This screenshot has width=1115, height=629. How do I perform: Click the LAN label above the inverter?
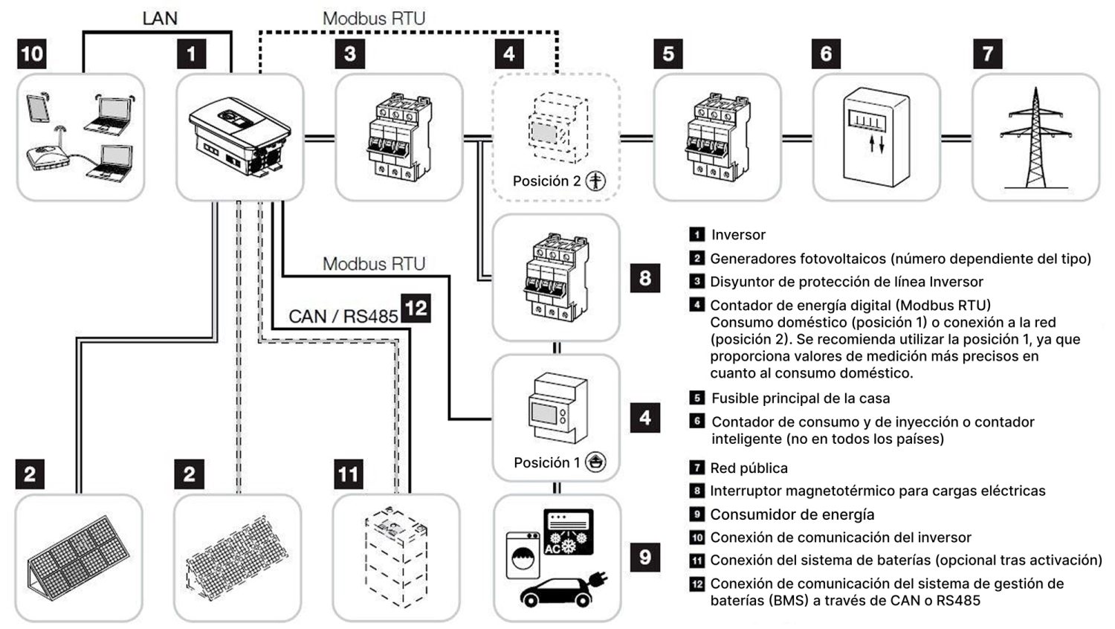[x=160, y=19]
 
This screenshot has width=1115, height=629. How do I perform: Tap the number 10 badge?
[x=32, y=54]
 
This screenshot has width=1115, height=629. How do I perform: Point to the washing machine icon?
[x=523, y=555]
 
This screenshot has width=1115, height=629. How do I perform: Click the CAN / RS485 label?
[x=343, y=316]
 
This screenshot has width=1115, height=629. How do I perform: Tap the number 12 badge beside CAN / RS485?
[x=416, y=308]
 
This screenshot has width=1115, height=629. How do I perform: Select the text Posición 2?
[x=546, y=181]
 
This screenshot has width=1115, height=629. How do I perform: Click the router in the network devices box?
[x=48, y=158]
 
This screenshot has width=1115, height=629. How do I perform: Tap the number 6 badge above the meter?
[x=826, y=54]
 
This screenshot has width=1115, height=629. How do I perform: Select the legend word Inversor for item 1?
[x=738, y=235]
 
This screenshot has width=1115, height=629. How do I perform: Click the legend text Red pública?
[x=749, y=468]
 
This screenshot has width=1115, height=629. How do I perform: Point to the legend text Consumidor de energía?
[x=792, y=515]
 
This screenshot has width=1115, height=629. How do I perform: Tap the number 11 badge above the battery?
[x=348, y=474]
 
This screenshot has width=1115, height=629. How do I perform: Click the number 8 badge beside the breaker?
[x=644, y=278]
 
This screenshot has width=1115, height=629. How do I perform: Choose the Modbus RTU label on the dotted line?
[x=374, y=19]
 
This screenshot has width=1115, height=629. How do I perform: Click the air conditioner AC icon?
[x=569, y=532]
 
